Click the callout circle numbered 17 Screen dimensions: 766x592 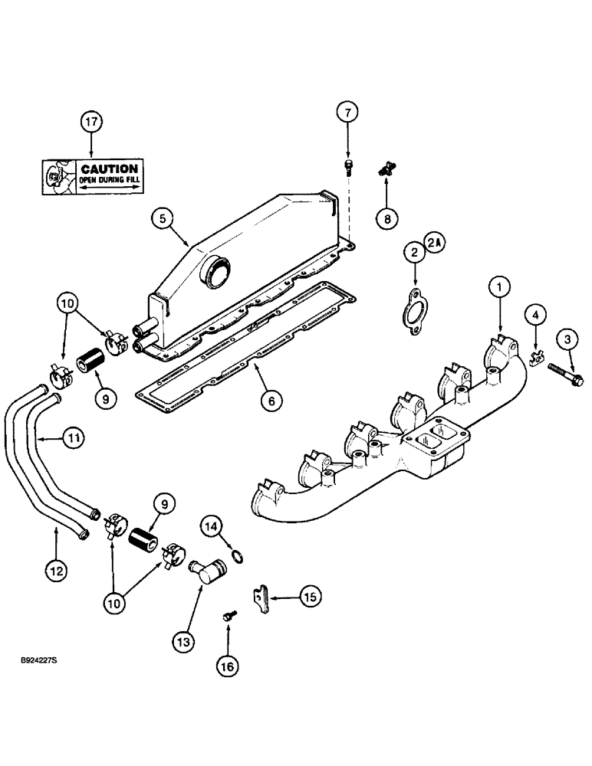pos(92,121)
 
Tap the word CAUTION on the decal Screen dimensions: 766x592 pos(109,169)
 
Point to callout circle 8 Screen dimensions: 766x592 pos(387,218)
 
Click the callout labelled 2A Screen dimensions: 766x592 pos(435,243)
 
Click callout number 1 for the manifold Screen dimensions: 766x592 pos(499,287)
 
